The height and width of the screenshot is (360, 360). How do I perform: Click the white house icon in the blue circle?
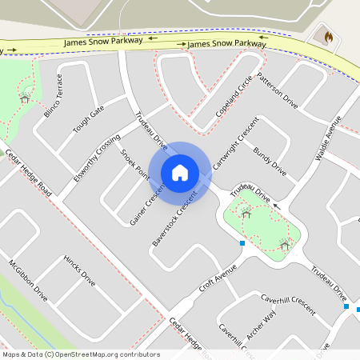pyautogui.click(x=180, y=173)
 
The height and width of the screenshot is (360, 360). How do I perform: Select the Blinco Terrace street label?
pyautogui.click(x=53, y=96)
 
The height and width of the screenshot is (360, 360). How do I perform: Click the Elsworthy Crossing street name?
pyautogui.click(x=96, y=154)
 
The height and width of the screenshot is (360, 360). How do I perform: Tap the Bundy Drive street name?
pyautogui.click(x=270, y=161)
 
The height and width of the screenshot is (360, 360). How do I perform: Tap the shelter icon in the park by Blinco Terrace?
pyautogui.click(x=26, y=98)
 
